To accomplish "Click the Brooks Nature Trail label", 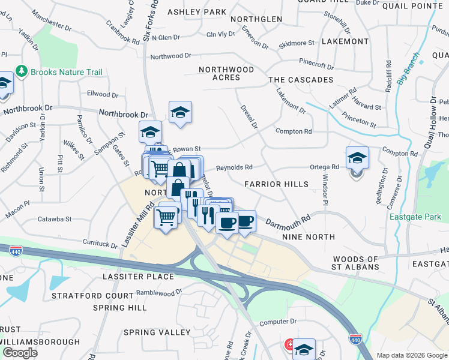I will pos(67,72).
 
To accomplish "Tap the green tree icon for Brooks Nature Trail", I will pos(22,72).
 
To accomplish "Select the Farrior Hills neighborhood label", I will pos(277,184).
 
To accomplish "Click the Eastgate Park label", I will pos(411,217).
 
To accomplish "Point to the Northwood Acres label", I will pos(228,74).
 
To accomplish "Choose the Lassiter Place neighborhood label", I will pos(138,277).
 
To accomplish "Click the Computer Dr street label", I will pos(279,322).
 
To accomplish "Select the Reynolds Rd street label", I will pos(234,167).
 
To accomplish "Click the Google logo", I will pos(20,352).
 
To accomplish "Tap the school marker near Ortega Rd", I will pos(357,158).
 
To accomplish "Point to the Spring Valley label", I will pos(157,332).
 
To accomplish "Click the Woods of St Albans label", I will pos(356,263).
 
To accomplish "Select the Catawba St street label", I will pos(55,220).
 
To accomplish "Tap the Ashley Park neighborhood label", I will pos(197,12).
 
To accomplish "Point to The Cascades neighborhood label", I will pos(301,80).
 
